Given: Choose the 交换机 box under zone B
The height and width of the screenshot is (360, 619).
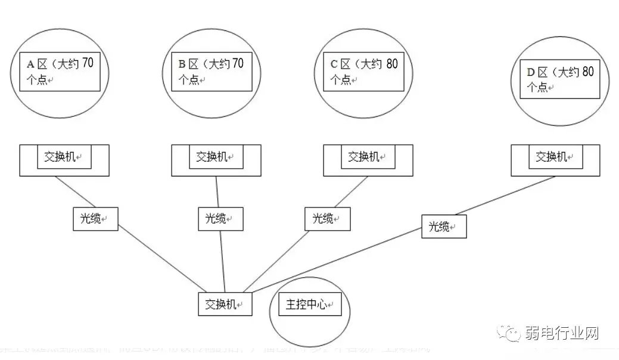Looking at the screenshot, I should [x=212, y=157].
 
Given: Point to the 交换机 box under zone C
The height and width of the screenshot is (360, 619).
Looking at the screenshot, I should [x=363, y=157].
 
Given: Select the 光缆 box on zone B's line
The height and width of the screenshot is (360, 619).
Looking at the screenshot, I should [x=220, y=219].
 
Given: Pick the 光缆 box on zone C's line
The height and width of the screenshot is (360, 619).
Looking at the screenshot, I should [x=327, y=219].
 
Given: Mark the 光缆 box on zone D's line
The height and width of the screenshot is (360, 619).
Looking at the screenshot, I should [x=444, y=226].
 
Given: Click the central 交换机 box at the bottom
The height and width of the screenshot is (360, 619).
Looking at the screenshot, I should [x=225, y=304].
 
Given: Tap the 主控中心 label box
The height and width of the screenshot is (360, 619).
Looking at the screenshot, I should [x=309, y=304].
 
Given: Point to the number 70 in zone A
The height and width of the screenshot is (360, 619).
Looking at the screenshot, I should [x=87, y=63].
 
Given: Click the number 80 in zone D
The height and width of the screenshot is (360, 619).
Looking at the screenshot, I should [x=587, y=72].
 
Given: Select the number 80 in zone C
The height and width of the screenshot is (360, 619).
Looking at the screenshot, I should [x=391, y=63].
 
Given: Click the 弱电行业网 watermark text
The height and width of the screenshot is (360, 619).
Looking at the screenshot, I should [x=562, y=333].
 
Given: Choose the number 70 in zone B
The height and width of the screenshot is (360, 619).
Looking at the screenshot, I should [x=237, y=63].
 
